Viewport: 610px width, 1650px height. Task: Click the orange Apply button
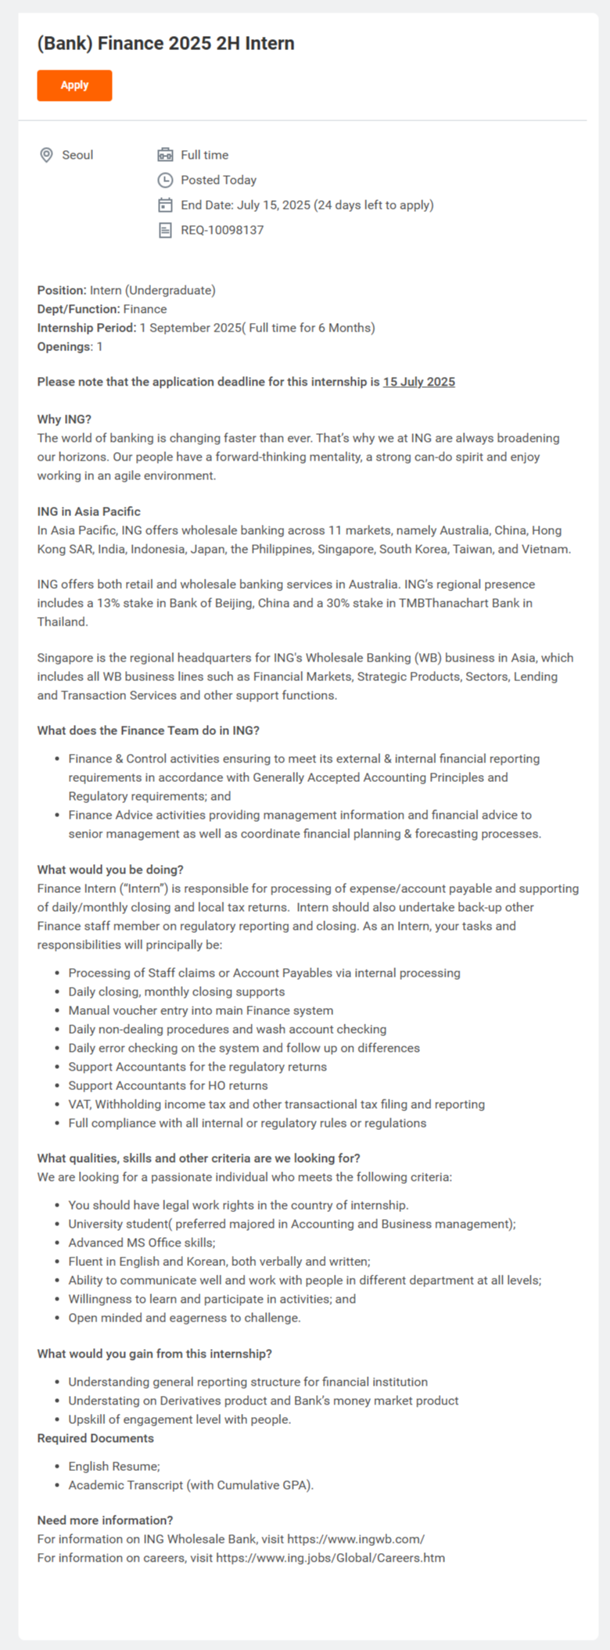pyautogui.click(x=74, y=85)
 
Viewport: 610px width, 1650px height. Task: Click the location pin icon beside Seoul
pyautogui.click(x=46, y=155)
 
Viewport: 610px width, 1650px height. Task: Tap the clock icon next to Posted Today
pyautogui.click(x=165, y=180)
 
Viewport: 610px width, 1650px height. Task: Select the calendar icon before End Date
pyautogui.click(x=165, y=205)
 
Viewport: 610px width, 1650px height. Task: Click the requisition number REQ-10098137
pyautogui.click(x=222, y=230)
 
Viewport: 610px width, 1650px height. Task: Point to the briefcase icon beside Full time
pyautogui.click(x=165, y=155)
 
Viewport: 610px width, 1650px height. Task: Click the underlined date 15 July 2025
pyautogui.click(x=418, y=382)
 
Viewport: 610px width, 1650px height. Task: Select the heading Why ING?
pyautogui.click(x=64, y=419)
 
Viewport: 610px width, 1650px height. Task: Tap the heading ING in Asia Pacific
pyautogui.click(x=88, y=511)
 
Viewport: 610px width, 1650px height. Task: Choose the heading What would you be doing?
pyautogui.click(x=110, y=870)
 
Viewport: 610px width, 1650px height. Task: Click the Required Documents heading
pyautogui.click(x=95, y=1438)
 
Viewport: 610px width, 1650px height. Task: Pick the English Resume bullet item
pyautogui.click(x=113, y=1466)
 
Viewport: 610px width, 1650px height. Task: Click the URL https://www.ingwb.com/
pyautogui.click(x=356, y=1539)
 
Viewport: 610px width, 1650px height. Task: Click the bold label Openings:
pyautogui.click(x=65, y=346)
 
